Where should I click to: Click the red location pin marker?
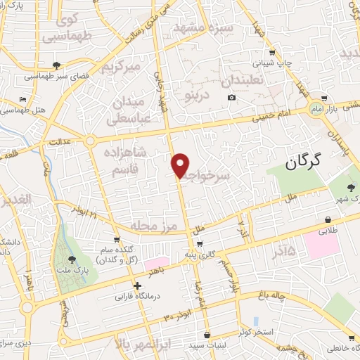click(181, 165)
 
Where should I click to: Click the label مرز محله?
click(150, 227)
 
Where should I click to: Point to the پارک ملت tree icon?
click(70, 259)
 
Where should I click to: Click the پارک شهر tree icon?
click(352, 187)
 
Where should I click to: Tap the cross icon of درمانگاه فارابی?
click(137, 285)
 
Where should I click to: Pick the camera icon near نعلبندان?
click(232, 96)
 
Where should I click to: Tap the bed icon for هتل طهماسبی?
click(23, 99)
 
